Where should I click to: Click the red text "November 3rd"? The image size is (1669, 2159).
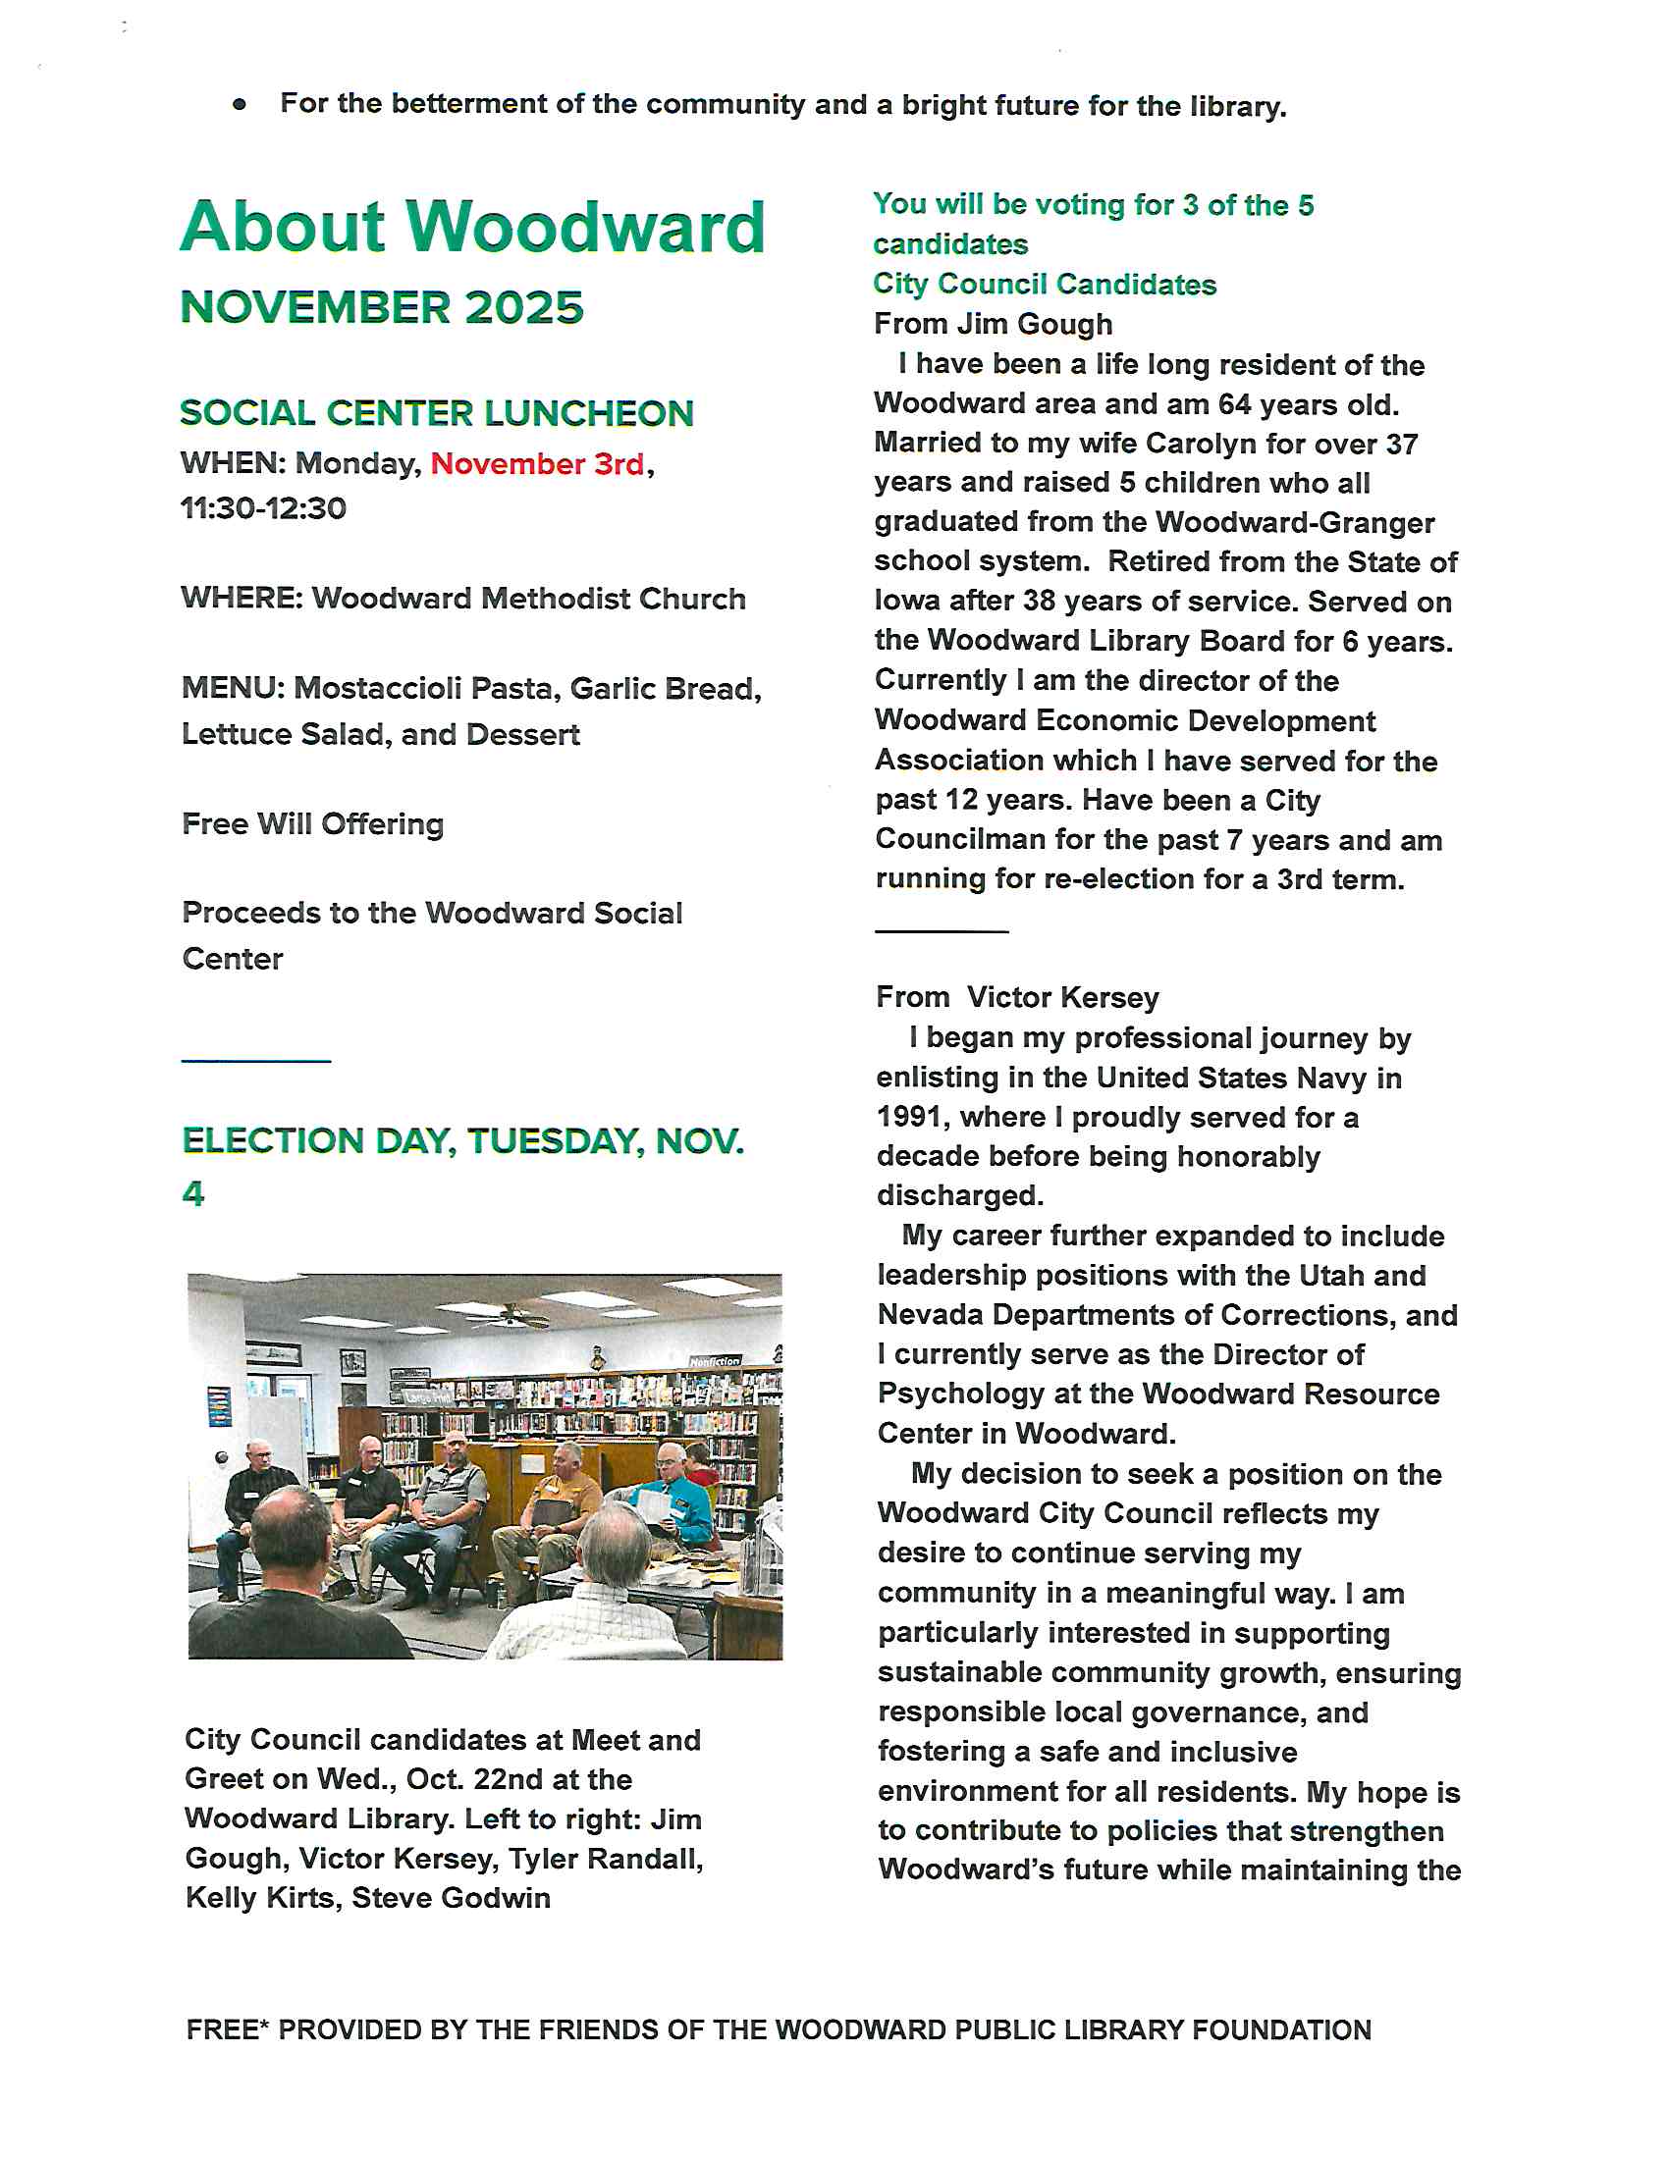coord(537,463)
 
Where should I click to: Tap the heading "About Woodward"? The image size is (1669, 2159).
coord(472,227)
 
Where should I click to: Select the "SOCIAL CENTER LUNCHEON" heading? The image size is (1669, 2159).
coord(436,413)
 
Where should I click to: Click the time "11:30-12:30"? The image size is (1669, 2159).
coord(263,508)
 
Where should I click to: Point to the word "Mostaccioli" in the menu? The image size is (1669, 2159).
coord(376,688)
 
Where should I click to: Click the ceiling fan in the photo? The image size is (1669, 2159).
coord(511,1315)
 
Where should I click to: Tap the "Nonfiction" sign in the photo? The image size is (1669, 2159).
coord(715,1361)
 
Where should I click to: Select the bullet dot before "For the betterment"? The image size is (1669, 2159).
coord(240,104)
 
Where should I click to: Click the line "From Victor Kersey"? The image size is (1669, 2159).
coord(1016,997)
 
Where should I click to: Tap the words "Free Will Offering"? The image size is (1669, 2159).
coord(312,823)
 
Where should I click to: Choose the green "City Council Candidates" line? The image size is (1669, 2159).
coord(1045,284)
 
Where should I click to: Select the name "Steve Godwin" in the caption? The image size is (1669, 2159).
coord(451,1898)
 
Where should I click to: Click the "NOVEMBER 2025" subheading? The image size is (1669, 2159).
coord(382,307)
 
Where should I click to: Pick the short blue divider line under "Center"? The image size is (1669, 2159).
coord(256,1061)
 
